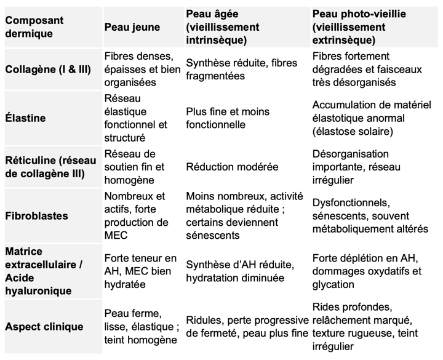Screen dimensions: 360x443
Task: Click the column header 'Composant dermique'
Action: click(x=34, y=27)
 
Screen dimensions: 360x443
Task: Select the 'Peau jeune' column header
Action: click(x=132, y=27)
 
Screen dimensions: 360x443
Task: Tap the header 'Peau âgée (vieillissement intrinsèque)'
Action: click(x=222, y=27)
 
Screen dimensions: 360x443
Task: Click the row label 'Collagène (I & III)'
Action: click(x=48, y=70)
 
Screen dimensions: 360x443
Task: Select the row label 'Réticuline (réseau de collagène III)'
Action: click(x=50, y=166)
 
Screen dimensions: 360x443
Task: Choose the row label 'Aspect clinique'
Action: click(x=44, y=327)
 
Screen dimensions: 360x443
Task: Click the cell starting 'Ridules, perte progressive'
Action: click(x=247, y=327)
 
